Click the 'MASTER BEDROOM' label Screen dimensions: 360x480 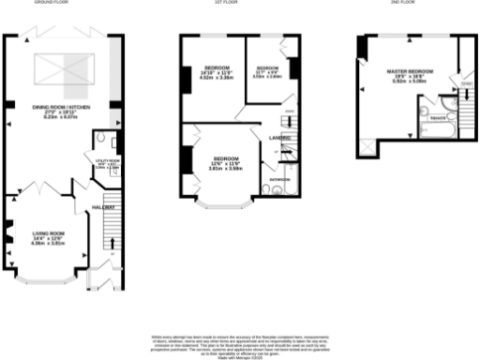click(409, 72)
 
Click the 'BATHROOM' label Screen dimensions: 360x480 click(280, 178)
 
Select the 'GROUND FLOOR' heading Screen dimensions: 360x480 click(52, 4)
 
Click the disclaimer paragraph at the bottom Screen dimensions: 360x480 click(240, 344)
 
